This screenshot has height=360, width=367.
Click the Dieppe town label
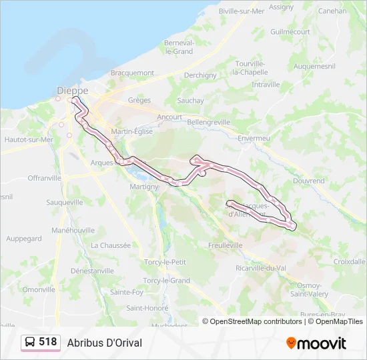tap(73, 91)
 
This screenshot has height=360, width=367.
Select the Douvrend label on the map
tap(309, 181)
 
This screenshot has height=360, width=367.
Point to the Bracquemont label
tap(132, 73)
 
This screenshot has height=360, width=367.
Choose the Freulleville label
tap(226, 245)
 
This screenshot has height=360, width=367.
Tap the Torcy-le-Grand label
tap(167, 281)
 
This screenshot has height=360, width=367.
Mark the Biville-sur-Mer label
tap(241, 11)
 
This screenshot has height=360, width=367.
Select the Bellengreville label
tap(208, 122)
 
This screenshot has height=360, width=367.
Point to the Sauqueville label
tap(65, 202)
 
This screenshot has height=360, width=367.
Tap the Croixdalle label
tap(350, 262)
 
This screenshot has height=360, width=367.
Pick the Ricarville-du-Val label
tap(261, 268)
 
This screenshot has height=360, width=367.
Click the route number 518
tap(48, 342)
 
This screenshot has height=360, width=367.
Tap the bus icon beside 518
tap(30, 343)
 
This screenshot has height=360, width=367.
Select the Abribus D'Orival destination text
tap(105, 343)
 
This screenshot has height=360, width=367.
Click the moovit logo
tap(316, 343)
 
